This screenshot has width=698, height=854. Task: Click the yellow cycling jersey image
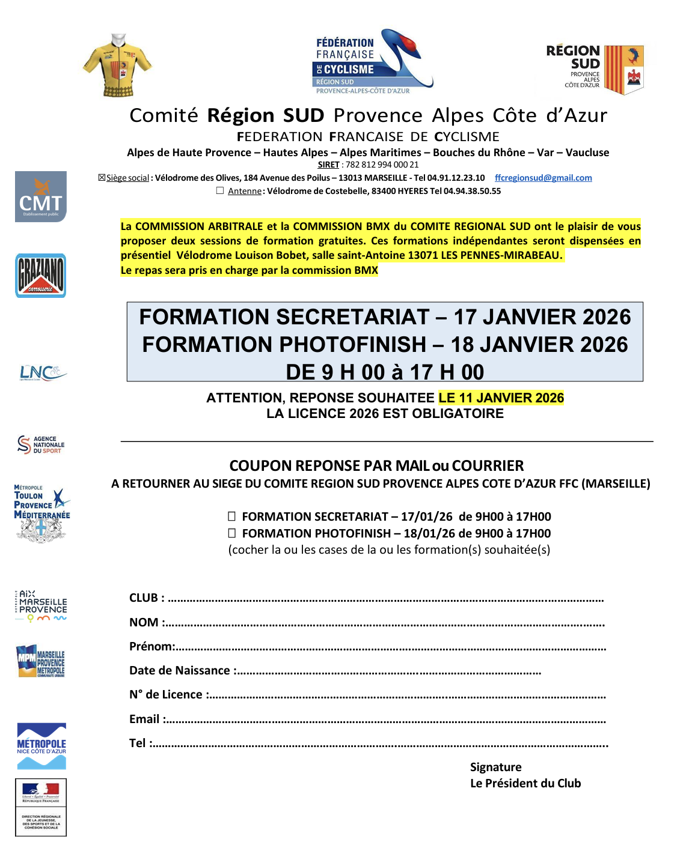tap(118, 65)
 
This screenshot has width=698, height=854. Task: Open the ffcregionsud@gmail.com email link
tap(543, 178)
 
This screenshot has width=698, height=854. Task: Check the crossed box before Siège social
tap(102, 178)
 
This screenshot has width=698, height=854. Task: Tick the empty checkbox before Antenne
tap(220, 191)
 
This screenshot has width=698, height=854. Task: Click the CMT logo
tap(41, 197)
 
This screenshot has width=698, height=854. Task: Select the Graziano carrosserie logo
tap(41, 276)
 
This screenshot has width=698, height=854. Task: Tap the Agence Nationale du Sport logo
tap(41, 445)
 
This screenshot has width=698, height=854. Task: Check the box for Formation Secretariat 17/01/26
tap(231, 516)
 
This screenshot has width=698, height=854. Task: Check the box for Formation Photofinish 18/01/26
tap(231, 533)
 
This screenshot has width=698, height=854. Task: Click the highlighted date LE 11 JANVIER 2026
tap(501, 398)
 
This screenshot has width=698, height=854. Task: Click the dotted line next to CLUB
tap(385, 599)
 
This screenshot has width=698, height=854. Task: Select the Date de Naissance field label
tap(180, 671)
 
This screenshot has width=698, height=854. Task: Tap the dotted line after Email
tap(385, 720)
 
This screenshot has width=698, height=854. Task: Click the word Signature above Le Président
tap(495, 767)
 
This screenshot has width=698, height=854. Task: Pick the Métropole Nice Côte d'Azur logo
tap(41, 746)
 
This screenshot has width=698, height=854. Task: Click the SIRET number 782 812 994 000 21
tap(382, 165)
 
